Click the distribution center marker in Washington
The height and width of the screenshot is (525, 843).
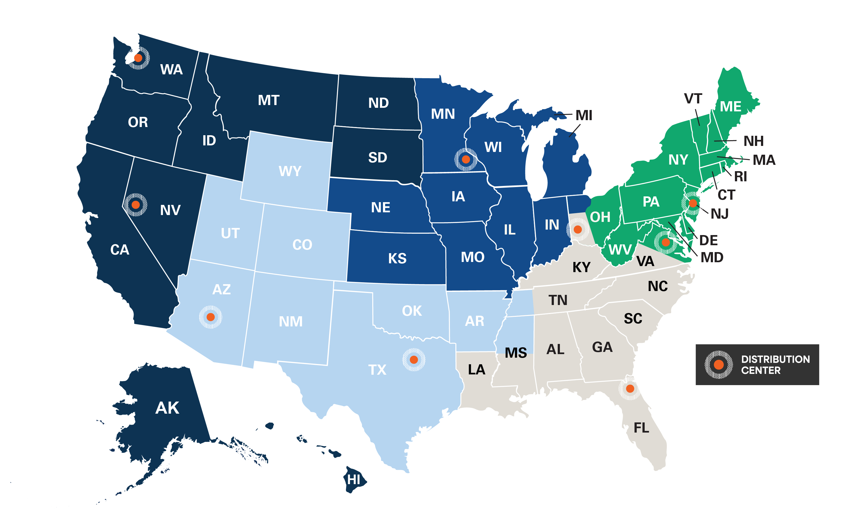pos(138,58)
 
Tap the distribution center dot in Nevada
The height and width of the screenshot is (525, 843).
pos(136,205)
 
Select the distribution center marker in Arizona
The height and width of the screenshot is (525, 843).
pos(210,317)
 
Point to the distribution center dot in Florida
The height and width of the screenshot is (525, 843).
pos(630,389)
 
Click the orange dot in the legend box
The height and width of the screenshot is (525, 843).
pos(718,365)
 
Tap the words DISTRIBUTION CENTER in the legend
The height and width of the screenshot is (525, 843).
pos(775,365)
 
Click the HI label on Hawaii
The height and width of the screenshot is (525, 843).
pos(354,480)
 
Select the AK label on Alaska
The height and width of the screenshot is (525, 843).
pos(167,408)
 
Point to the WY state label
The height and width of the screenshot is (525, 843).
pos(290,171)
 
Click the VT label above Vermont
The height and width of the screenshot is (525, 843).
pos(693,99)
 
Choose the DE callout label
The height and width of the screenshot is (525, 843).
pos(708,240)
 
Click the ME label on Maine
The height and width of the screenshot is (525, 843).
pos(731,107)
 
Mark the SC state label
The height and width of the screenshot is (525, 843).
pos(633,318)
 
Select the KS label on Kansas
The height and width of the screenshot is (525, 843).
pos(397,258)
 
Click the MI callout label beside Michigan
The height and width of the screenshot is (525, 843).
pos(584,115)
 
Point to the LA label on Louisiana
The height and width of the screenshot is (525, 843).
pos(476,369)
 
